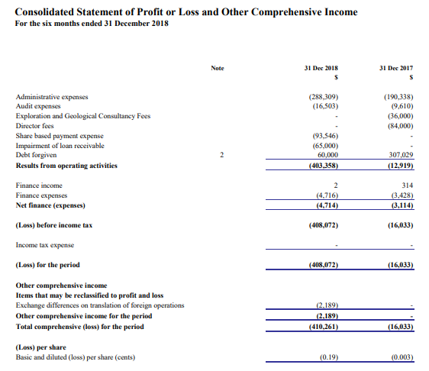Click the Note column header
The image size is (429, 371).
(x=218, y=68)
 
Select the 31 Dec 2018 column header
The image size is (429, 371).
(x=321, y=68)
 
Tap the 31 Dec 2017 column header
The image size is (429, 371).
(x=396, y=68)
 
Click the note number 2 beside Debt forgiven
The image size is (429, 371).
(x=222, y=155)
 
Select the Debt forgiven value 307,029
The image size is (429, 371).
(x=401, y=155)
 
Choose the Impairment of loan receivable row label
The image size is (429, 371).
(x=60, y=146)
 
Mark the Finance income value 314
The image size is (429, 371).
(x=408, y=185)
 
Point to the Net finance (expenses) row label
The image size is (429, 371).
(x=50, y=205)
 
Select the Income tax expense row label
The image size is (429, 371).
(x=45, y=245)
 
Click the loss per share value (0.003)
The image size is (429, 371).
(x=402, y=357)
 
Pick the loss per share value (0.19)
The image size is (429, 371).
(x=329, y=357)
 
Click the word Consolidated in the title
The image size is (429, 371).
(x=44, y=12)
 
